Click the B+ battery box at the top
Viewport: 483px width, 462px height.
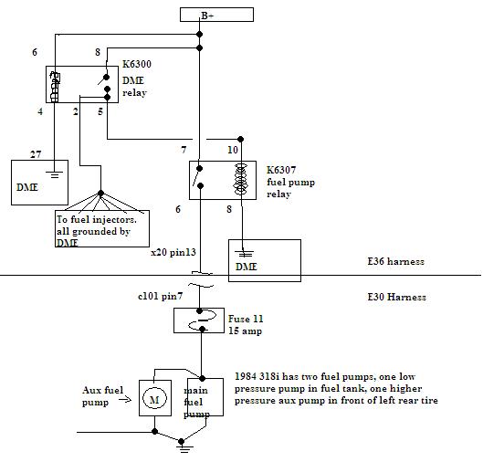click(216, 15)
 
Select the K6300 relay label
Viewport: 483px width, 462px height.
click(137, 64)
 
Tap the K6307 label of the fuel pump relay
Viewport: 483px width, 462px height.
click(281, 170)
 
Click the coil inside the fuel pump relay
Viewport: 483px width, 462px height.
click(240, 179)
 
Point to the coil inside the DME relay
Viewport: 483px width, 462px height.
click(55, 87)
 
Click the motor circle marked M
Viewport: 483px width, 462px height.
click(154, 398)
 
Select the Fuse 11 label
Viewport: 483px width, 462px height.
click(246, 319)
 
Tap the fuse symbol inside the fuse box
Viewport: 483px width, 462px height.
click(202, 320)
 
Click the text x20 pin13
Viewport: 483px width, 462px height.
click(173, 253)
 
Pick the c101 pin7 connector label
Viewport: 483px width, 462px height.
click(160, 297)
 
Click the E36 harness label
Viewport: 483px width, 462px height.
click(396, 261)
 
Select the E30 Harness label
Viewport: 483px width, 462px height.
click(397, 297)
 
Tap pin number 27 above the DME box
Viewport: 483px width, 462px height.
click(36, 154)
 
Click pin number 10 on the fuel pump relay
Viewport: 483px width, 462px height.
click(233, 150)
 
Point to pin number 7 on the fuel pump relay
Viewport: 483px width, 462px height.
click(184, 150)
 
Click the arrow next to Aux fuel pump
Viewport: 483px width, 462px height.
click(125, 400)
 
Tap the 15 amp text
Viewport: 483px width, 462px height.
click(246, 331)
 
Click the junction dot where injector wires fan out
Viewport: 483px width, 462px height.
click(100, 194)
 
